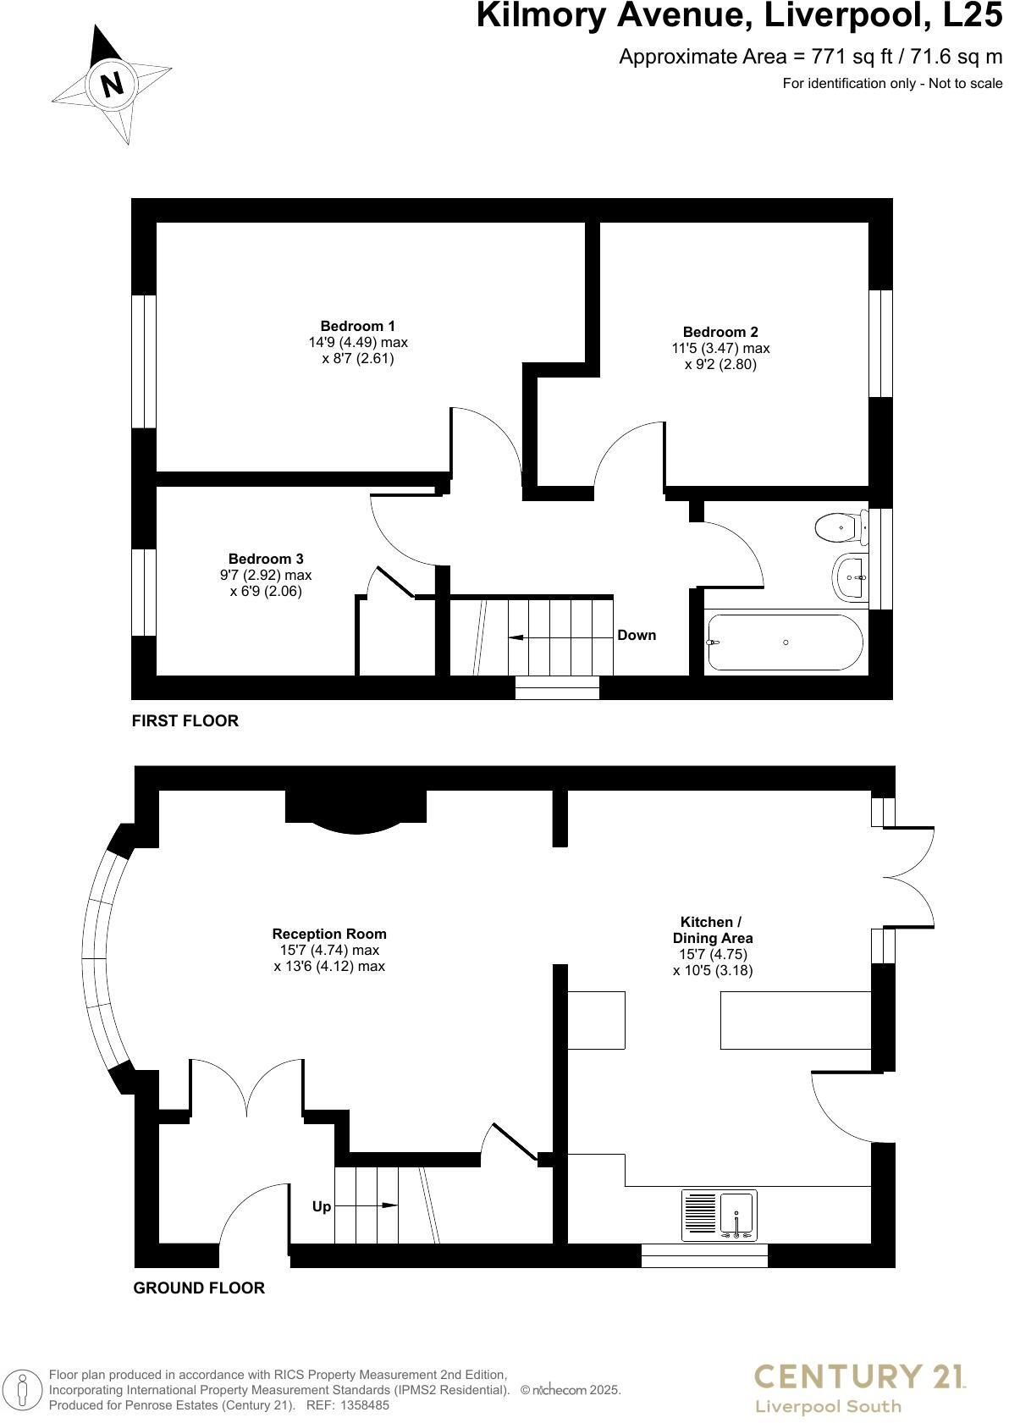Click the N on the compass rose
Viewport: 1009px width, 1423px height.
[x=112, y=84]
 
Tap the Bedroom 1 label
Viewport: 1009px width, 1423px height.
[x=357, y=326]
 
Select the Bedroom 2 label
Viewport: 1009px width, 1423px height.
[x=720, y=332]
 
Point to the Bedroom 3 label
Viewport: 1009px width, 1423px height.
[x=266, y=559]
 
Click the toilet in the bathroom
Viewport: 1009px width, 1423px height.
[x=840, y=527]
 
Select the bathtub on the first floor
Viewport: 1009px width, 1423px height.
[x=785, y=643]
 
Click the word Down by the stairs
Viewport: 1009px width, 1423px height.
[x=637, y=635]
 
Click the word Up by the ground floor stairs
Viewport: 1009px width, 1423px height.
[x=322, y=1206]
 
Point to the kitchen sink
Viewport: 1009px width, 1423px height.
[x=737, y=1216]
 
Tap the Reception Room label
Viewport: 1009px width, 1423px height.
[x=329, y=934]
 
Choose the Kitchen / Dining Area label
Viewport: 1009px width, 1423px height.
[x=712, y=929]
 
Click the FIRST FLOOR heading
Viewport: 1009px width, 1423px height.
[x=185, y=720]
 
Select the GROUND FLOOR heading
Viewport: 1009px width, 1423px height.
[x=199, y=1288]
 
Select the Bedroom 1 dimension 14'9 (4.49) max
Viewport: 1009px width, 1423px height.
[x=357, y=343]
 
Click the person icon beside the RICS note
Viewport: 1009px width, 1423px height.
[x=25, y=1389]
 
